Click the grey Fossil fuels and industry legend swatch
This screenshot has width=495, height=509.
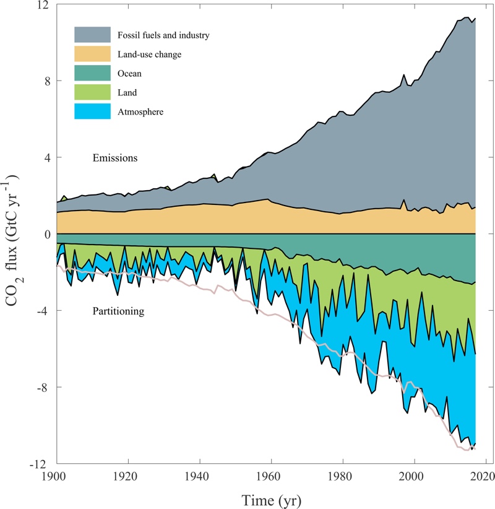click(x=93, y=35)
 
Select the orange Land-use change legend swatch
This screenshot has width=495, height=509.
click(x=93, y=54)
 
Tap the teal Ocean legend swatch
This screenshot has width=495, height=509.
click(x=93, y=73)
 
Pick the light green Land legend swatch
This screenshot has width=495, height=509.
click(x=93, y=92)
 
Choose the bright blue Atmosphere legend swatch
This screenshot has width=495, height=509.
click(x=93, y=111)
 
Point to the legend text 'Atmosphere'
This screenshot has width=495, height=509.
click(x=140, y=112)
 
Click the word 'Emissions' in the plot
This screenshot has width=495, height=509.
click(x=115, y=158)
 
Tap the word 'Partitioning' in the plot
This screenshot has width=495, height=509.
click(x=118, y=311)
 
